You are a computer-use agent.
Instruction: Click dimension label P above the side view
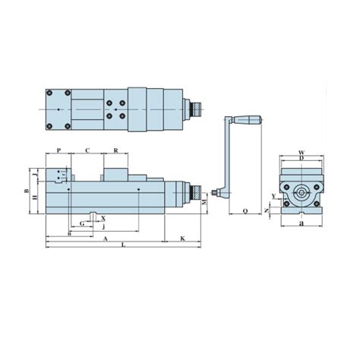coord(58,150)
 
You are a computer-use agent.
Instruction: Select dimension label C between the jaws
coord(87,150)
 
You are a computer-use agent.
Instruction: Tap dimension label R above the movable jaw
coord(115,150)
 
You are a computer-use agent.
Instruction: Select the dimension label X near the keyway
coord(103,218)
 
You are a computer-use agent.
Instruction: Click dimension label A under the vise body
coord(104,238)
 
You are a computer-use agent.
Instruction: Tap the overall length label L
coord(123,246)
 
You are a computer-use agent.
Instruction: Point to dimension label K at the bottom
coord(183,238)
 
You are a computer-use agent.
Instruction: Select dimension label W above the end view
coord(301,153)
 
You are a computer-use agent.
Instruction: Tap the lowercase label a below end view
coord(302,224)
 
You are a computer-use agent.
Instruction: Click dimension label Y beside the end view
coord(274,196)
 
